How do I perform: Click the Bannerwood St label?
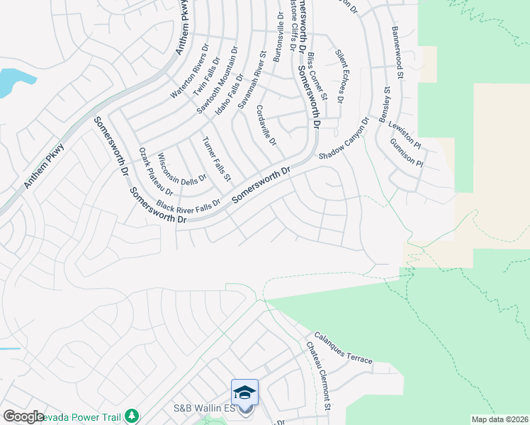[x=397, y=52]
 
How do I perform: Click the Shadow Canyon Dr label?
[x=345, y=139]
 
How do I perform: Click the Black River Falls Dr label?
[x=189, y=205]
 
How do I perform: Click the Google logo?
[x=23, y=416]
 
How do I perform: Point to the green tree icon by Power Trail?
[x=131, y=415]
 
